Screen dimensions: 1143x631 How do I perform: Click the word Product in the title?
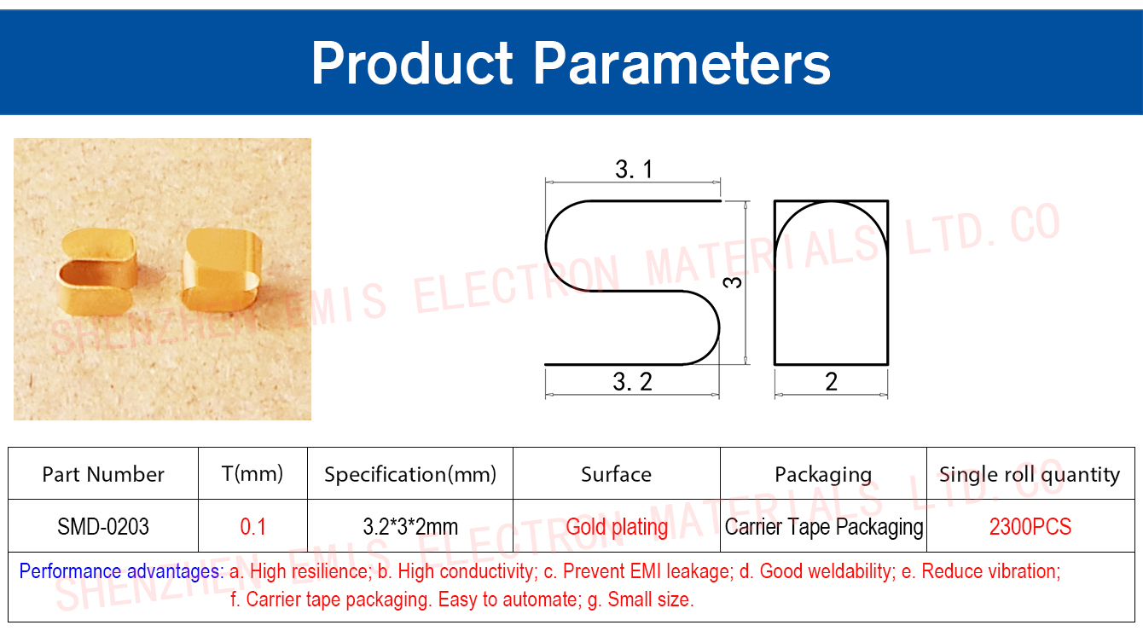click(412, 64)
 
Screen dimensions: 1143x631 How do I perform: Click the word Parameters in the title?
click(682, 64)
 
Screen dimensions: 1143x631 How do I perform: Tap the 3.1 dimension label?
click(634, 170)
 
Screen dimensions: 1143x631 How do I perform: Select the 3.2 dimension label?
click(633, 381)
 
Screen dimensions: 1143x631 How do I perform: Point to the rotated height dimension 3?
click(733, 282)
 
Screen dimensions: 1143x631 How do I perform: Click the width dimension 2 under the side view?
click(831, 381)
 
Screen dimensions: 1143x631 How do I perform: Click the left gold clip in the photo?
click(97, 272)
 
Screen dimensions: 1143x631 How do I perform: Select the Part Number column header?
click(103, 474)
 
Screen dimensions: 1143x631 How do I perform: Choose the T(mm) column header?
click(252, 474)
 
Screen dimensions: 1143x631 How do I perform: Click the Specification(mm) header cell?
click(410, 475)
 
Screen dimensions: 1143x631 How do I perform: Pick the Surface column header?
click(617, 474)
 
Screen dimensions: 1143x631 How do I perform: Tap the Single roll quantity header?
click(1030, 475)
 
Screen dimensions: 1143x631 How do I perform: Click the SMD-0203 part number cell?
click(103, 526)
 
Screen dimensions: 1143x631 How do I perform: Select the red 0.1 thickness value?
click(253, 526)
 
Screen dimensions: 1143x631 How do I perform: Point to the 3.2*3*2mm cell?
click(410, 526)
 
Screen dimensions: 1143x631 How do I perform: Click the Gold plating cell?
click(617, 527)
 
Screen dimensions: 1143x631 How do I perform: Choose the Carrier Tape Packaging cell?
click(824, 527)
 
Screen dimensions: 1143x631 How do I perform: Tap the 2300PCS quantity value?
click(1030, 526)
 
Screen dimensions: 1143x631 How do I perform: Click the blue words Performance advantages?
click(121, 571)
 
